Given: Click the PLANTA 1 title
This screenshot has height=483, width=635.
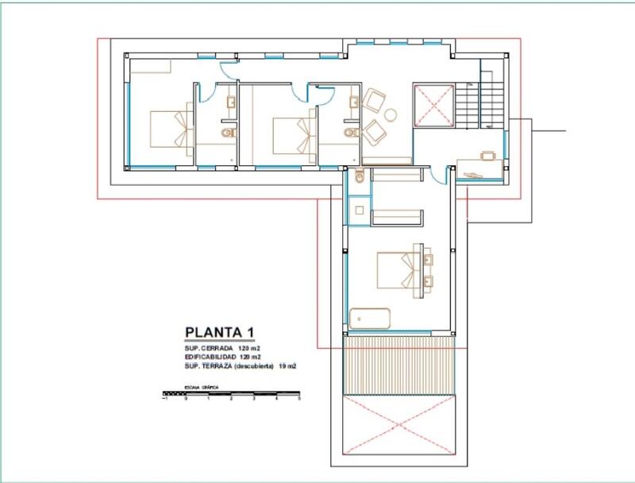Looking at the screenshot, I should tap(220, 332).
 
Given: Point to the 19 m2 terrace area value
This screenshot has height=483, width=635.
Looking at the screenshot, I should tap(287, 366).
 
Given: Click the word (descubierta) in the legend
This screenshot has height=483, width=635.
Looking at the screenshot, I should tap(252, 366).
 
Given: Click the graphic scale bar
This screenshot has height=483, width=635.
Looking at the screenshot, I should tap(231, 392).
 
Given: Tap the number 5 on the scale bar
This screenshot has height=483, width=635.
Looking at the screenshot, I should tap(299, 399).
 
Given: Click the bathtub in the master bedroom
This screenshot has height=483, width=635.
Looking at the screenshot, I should tap(370, 318).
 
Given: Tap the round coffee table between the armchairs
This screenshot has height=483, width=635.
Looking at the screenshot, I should tap(391, 114).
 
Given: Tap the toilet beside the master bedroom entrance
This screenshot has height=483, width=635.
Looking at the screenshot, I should tap(360, 176).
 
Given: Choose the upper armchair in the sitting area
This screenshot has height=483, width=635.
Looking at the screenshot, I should tap(373, 100).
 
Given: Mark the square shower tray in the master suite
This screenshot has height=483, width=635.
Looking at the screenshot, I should tap(359, 211).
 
